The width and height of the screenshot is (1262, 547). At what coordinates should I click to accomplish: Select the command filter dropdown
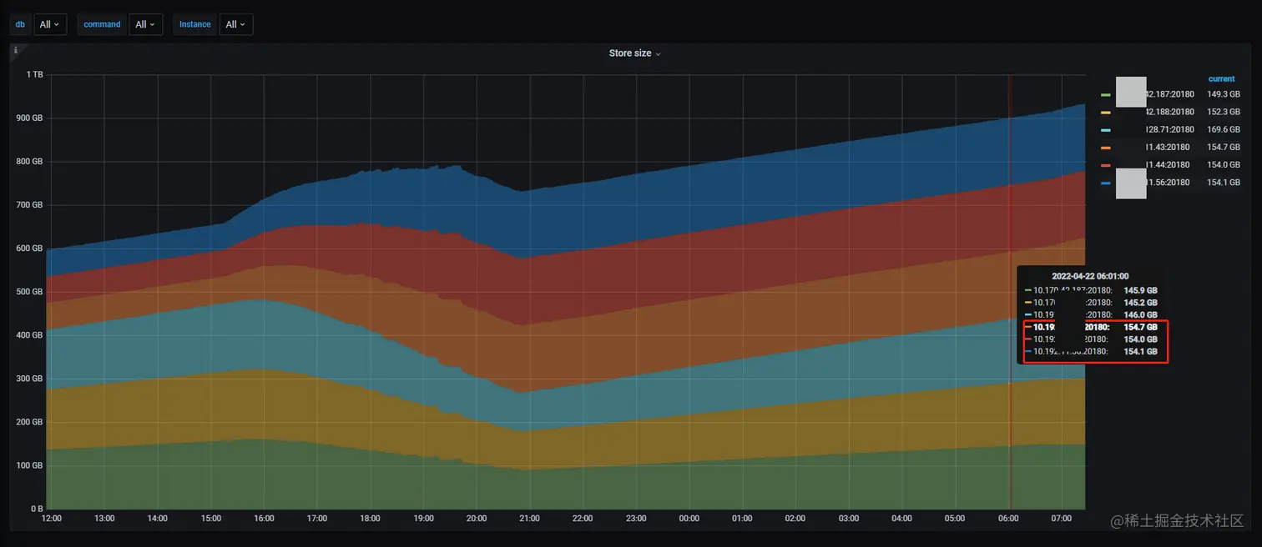(146, 24)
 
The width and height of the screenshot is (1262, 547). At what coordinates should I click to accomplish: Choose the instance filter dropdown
(236, 24)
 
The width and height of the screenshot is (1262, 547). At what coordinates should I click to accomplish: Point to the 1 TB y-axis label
(34, 75)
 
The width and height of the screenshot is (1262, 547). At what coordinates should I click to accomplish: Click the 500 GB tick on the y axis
(30, 292)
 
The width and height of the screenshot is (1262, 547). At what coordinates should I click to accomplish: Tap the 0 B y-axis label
(36, 509)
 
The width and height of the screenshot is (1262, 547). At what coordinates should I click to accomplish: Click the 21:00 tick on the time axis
(529, 519)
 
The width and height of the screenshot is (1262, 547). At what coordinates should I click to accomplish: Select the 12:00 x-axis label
(52, 519)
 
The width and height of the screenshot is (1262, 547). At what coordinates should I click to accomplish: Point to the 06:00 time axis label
(1008, 519)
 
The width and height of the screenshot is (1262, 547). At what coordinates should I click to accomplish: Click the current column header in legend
(1221, 79)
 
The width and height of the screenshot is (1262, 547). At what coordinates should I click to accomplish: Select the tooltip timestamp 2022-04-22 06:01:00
(1090, 276)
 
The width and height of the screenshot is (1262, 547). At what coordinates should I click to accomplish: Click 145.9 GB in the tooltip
(1140, 290)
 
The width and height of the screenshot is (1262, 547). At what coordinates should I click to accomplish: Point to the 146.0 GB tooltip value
(1140, 315)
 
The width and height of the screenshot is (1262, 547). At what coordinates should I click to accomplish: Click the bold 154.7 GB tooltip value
(1140, 328)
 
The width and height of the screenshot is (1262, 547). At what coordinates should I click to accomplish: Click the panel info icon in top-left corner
(15, 50)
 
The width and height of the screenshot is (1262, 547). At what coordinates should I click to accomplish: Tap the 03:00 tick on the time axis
(849, 519)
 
